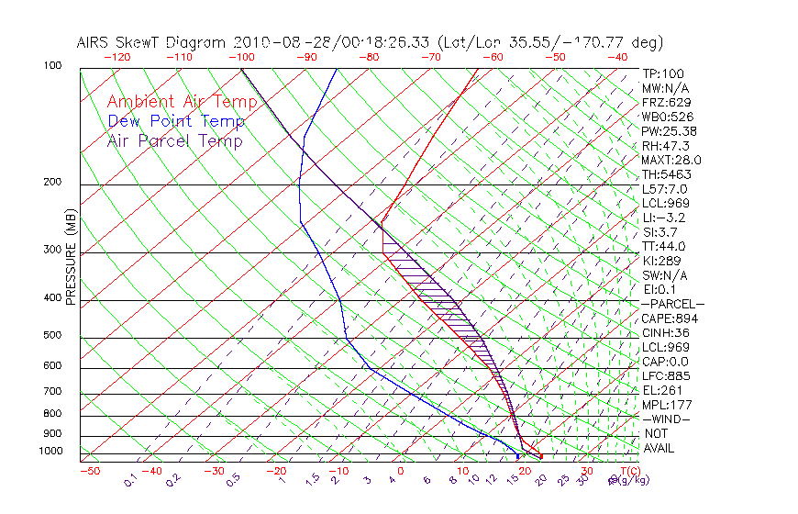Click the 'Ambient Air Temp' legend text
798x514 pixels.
(183, 102)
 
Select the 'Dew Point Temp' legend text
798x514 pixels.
(176, 121)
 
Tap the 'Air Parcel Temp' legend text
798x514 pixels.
(175, 141)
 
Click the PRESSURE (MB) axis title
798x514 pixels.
(71, 260)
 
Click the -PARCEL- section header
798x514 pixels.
(672, 304)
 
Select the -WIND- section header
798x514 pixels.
(666, 419)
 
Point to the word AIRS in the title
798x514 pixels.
(96, 42)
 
